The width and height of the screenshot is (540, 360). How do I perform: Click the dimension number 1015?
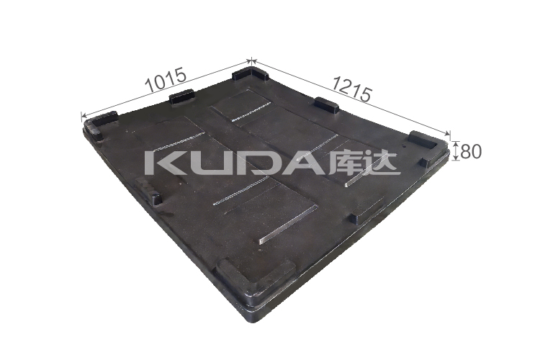click(x=166, y=79)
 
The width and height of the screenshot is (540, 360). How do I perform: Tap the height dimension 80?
click(x=470, y=151)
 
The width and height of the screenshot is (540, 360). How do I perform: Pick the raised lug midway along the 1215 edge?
click(x=326, y=106)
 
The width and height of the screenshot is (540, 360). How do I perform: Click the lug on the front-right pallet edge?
click(x=359, y=215)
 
